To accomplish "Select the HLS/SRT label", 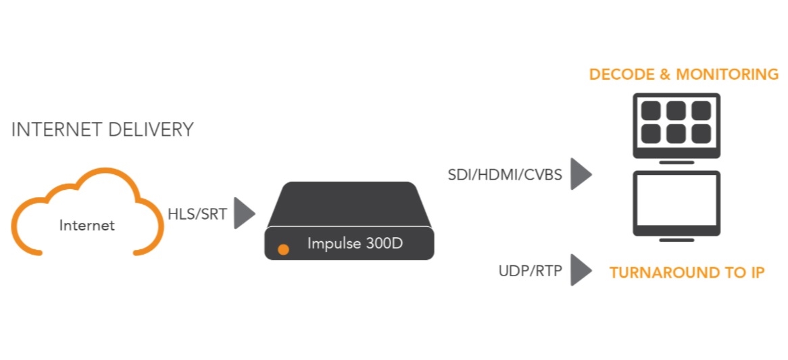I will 197,215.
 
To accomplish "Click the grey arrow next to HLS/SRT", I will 243,214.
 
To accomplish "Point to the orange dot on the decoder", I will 284,250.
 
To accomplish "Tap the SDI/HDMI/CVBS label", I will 505,175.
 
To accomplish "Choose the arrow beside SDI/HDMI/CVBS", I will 580,174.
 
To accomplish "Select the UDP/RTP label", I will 529,272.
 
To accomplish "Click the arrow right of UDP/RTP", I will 580,270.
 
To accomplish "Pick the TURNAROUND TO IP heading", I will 687,273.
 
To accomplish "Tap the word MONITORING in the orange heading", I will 728,74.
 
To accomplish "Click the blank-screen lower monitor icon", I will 676,203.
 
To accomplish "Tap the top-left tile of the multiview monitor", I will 651,110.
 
